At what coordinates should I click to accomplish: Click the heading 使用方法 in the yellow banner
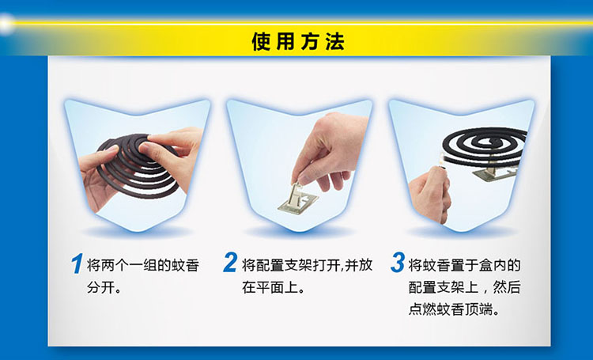pos(298,42)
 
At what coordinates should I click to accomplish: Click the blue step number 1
pos(77,263)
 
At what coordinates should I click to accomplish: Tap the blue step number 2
pos(230,263)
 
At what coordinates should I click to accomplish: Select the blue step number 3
pos(398,263)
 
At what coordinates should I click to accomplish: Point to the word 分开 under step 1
pos(100,288)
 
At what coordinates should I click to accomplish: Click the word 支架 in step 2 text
pos(297,265)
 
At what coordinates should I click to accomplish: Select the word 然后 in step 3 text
pos(507,288)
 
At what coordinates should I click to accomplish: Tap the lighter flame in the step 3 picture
pos(441,158)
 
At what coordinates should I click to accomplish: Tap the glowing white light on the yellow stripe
pos(5,24)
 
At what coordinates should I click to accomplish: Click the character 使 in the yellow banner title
pos(261,42)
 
